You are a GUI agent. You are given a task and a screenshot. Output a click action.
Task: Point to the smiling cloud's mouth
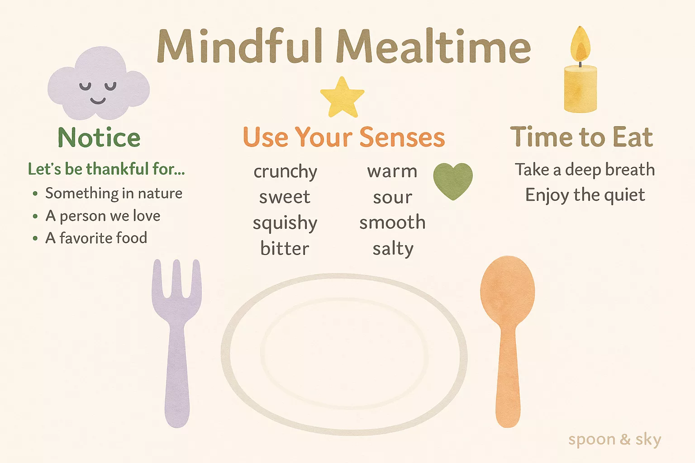(x=98, y=100)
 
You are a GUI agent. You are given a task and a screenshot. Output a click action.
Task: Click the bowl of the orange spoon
(x=508, y=290)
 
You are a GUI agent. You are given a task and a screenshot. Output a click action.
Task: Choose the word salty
(x=393, y=249)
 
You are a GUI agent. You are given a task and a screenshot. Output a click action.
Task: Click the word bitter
(x=285, y=248)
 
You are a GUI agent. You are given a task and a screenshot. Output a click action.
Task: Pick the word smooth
(x=392, y=222)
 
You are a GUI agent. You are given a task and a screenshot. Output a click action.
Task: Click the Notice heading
(x=99, y=137)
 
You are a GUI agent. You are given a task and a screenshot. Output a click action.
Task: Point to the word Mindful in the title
(x=239, y=46)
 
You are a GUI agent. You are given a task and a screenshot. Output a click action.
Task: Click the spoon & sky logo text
(x=614, y=440)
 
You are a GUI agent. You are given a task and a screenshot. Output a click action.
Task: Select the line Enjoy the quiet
(x=585, y=195)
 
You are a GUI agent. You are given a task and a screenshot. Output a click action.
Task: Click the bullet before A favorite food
(x=35, y=238)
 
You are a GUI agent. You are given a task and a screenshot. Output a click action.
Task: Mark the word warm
(x=392, y=171)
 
